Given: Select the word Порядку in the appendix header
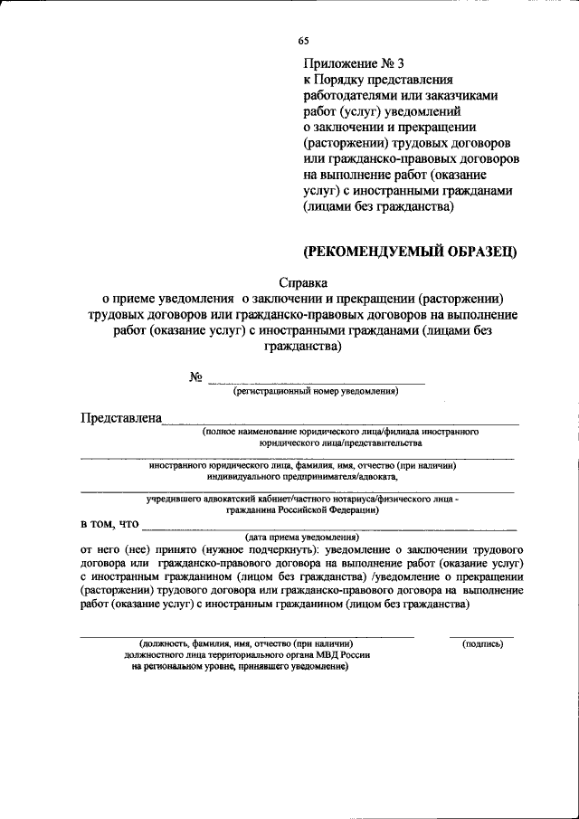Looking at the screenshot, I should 347,80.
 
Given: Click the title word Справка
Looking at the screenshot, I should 302,282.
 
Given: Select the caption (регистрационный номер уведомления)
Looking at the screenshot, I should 315,392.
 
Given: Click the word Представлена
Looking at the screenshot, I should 121,418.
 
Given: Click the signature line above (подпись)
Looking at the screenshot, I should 482,635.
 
